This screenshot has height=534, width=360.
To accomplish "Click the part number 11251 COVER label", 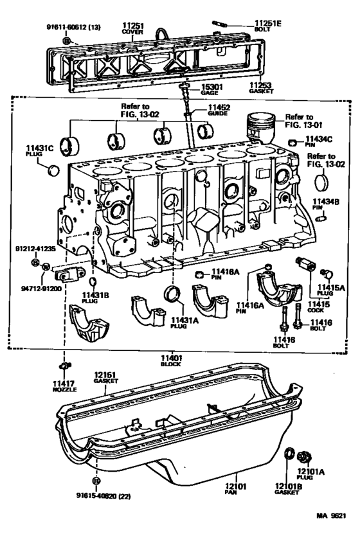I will (134, 28).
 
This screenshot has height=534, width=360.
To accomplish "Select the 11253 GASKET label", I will (260, 87).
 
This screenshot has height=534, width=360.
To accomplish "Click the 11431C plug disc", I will (54, 170).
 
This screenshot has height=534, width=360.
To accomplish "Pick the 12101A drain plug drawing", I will (306, 457).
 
